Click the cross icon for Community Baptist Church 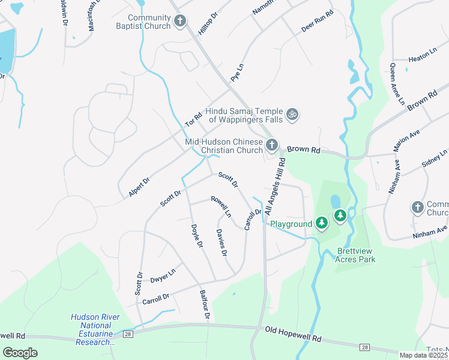point(179,22)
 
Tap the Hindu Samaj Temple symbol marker point(292,114)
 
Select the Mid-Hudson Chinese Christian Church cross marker point(272,145)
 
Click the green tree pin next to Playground point(322,224)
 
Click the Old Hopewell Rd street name point(293,335)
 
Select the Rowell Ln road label point(220,206)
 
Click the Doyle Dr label point(195,238)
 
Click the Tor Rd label point(192,119)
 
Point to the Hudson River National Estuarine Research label point(95,329)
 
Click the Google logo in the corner point(20,353)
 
